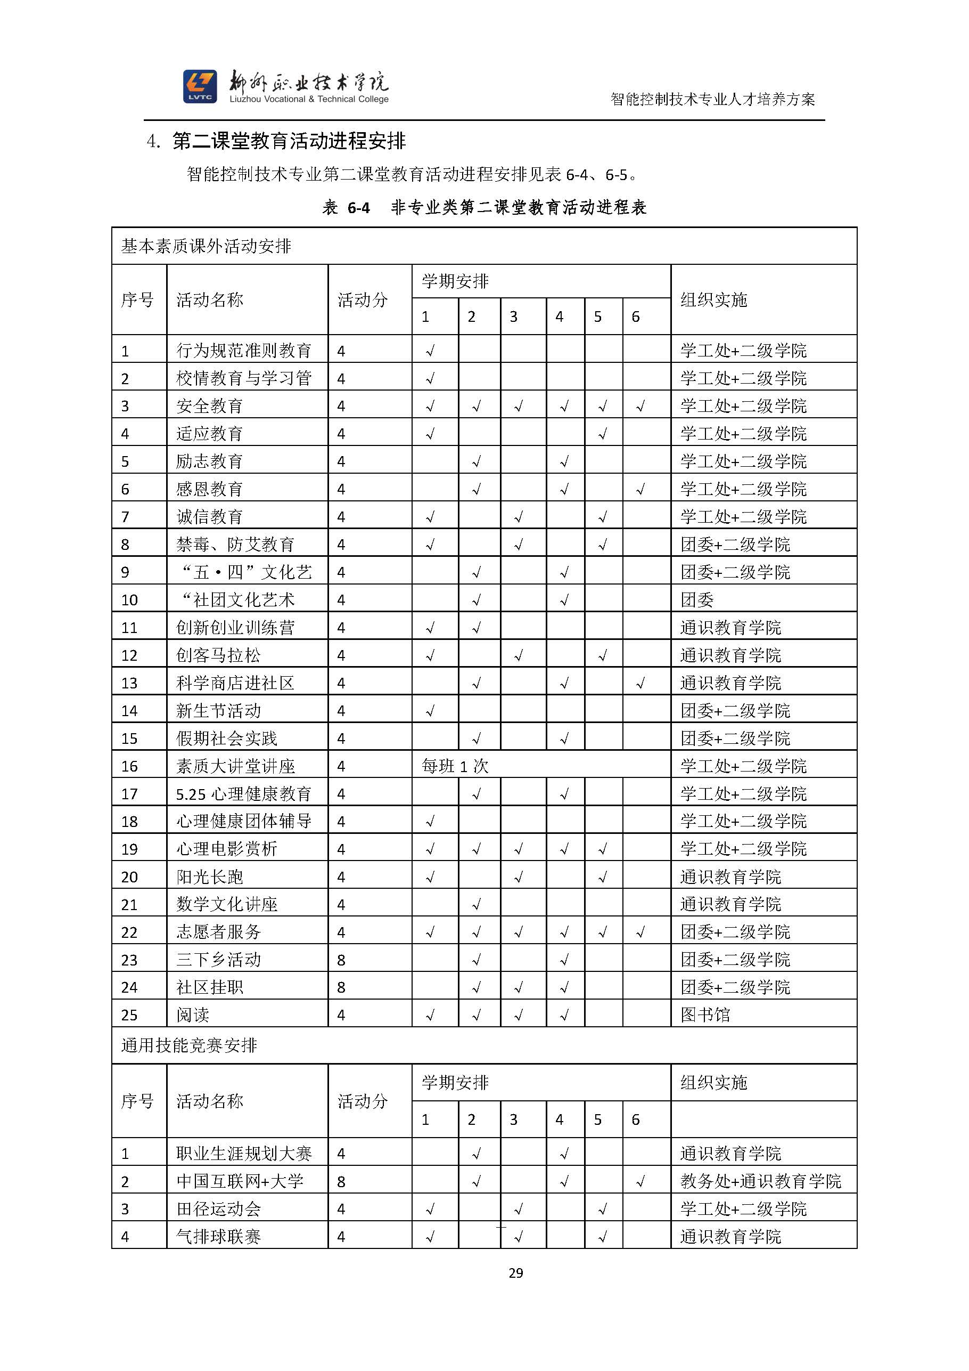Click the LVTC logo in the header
[200, 86]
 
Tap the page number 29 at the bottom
[515, 1272]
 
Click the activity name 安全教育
[209, 406]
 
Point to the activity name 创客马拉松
[218, 655]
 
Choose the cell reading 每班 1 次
[455, 766]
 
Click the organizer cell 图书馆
[705, 1015]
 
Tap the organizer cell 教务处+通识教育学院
[760, 1181]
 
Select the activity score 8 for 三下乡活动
[341, 960]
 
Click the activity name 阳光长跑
[209, 877]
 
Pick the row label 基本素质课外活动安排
[206, 246]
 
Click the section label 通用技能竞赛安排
[189, 1045]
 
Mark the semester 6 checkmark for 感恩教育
[640, 490]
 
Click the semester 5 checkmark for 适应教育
[603, 434]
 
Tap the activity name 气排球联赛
[218, 1236]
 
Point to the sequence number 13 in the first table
[129, 683]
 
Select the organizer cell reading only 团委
[697, 599]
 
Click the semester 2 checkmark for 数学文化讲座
[476, 905]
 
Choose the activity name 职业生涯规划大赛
[243, 1153]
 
